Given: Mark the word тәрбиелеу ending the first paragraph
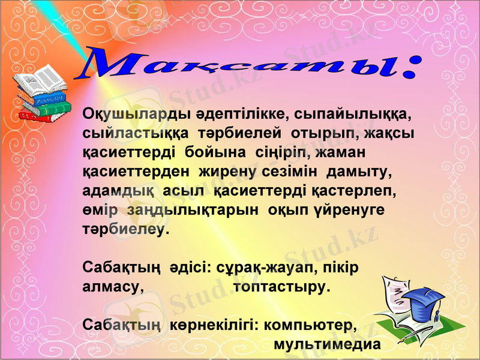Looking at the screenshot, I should (x=125, y=230).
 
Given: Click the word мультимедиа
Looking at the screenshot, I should (x=327, y=345).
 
